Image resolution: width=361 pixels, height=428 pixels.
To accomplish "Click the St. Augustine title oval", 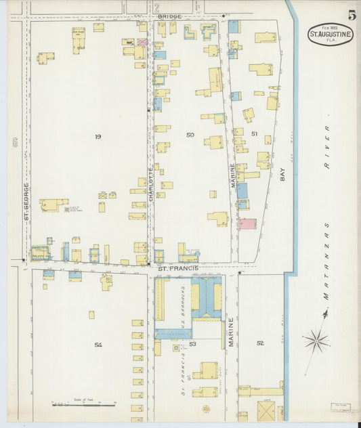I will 330,34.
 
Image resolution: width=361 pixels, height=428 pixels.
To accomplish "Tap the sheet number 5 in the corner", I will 352,15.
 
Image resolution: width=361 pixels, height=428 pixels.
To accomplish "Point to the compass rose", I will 316,341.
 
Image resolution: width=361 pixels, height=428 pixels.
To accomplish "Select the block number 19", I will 98,137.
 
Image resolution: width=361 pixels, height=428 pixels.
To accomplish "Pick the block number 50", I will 190,135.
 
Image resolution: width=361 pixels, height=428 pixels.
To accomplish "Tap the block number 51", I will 254,133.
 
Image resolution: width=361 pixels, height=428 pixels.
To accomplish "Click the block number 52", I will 260,343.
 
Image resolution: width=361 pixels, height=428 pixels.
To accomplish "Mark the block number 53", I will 192,344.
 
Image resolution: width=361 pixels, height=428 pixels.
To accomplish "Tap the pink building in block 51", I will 247,223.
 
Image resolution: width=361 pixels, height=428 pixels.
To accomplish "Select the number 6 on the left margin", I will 14,142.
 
